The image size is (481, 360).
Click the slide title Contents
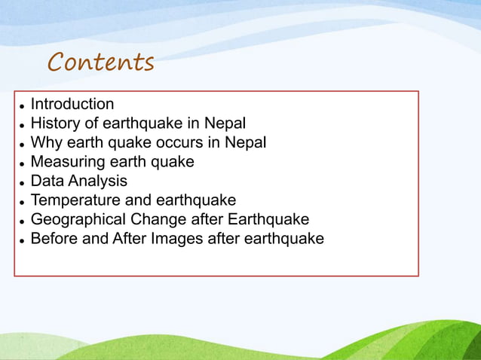point(101,62)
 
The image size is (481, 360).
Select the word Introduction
point(72,104)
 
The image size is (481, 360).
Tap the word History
point(55,124)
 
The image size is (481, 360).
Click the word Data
point(47,182)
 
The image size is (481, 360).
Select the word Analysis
point(98,182)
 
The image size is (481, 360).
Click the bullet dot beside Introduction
point(23,105)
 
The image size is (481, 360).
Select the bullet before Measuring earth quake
point(23,163)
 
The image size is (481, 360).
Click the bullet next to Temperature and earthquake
point(23,202)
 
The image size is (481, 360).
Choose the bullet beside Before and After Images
point(23,240)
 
